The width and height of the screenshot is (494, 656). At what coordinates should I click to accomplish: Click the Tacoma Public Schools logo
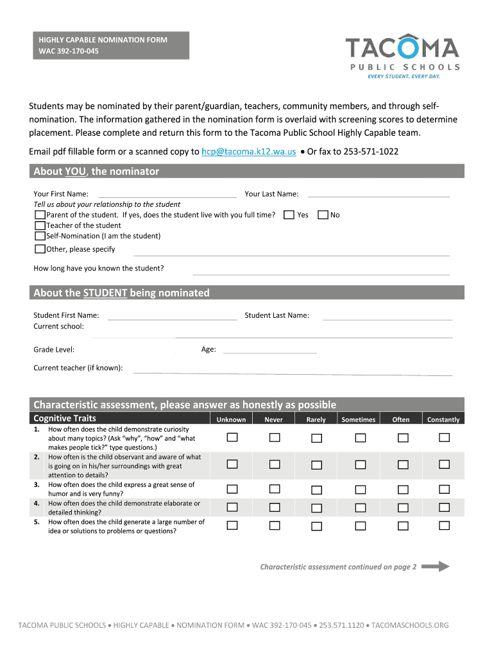(402, 57)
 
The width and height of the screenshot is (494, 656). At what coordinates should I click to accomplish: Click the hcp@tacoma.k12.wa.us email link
(248, 152)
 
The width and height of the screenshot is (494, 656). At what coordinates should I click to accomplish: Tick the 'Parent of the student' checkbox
(40, 215)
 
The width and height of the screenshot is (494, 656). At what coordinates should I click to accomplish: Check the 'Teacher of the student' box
(40, 225)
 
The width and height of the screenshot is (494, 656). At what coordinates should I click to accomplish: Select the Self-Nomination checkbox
(40, 236)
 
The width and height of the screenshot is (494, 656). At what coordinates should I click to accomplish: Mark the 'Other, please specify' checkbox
(40, 249)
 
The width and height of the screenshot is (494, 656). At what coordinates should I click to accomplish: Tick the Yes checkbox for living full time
(289, 215)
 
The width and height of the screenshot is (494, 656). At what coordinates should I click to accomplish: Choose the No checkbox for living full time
(323, 215)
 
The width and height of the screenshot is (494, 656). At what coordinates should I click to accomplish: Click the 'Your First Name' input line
(167, 195)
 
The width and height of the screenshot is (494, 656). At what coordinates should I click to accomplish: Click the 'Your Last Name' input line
(379, 195)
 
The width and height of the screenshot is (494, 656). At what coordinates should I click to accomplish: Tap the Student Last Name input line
(387, 316)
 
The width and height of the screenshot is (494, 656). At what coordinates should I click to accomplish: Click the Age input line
(269, 350)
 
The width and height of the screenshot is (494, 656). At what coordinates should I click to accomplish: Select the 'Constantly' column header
(443, 420)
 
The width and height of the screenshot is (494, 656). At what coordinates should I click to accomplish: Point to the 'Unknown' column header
(231, 420)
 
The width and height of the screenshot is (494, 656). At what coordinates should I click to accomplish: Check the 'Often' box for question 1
(402, 438)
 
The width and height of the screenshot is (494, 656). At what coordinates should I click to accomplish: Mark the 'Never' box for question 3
(275, 489)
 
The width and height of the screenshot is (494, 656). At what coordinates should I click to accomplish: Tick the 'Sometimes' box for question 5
(360, 526)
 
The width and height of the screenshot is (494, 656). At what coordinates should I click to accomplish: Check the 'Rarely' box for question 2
(316, 464)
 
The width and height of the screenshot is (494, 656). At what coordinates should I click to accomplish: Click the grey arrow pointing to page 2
(436, 566)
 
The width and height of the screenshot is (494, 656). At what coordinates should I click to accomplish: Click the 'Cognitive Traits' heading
(65, 418)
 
